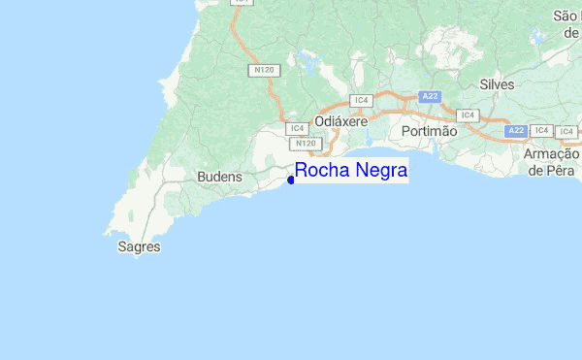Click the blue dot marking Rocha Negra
pos(291,179)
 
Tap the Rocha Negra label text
pos(351,171)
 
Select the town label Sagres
pos(138,247)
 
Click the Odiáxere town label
pos(340,123)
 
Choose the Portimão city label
pos(428,131)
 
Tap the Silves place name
pos(497,85)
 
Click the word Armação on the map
pos(551,154)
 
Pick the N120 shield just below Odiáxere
pos(306,144)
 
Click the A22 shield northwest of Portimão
pos(430,96)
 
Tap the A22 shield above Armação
pos(516,130)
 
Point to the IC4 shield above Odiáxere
pos(361,100)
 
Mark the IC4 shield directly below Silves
pos(468,115)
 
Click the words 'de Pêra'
pos(550,170)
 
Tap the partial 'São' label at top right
pos(566,16)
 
